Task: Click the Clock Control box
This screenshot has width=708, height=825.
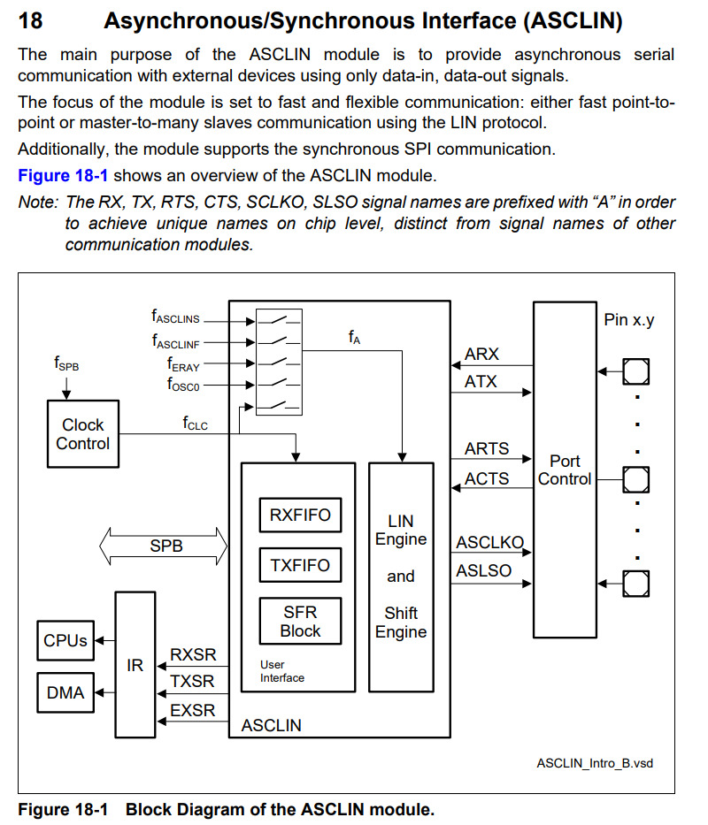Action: [x=82, y=434]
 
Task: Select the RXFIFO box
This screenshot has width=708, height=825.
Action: [x=300, y=516]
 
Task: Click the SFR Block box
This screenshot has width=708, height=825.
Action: [x=300, y=622]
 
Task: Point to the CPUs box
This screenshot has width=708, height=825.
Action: [x=65, y=641]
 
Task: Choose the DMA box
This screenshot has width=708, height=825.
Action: [x=65, y=693]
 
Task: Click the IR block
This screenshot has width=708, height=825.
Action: [x=135, y=665]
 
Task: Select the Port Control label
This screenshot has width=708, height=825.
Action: [x=565, y=470]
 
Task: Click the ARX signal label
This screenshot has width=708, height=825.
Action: [x=481, y=355]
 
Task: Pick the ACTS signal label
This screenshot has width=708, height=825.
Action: [x=487, y=478]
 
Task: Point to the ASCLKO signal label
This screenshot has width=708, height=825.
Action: [x=489, y=542]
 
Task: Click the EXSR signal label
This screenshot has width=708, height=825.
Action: [x=192, y=710]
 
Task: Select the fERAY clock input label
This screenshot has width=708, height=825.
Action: [x=183, y=363]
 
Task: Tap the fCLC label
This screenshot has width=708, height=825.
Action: [x=195, y=424]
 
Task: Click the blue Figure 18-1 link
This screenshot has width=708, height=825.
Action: [x=63, y=175]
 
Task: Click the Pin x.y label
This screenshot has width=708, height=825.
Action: [x=629, y=319]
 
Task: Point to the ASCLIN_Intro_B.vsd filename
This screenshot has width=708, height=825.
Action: [x=594, y=762]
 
